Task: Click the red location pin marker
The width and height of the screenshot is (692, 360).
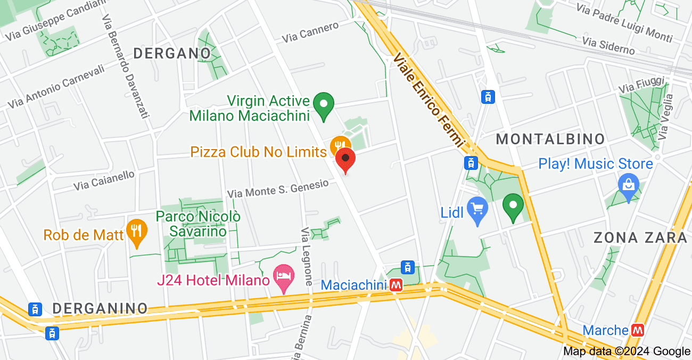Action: coord(345,159)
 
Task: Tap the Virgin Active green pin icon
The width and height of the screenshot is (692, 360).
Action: coord(323,104)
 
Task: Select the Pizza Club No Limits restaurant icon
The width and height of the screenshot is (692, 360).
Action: coord(340,145)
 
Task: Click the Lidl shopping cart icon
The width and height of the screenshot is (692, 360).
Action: coord(477,209)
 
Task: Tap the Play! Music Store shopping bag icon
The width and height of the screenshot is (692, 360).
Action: coord(628,185)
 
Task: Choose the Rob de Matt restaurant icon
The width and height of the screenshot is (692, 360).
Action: coord(137,232)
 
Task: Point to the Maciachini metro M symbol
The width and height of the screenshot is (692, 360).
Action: coord(396,285)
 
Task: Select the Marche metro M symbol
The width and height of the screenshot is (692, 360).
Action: coord(638,330)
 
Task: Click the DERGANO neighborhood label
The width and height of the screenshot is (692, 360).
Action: coord(172,53)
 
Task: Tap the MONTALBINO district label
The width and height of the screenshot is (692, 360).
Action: coord(550,140)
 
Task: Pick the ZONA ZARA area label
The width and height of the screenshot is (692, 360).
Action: coord(640,238)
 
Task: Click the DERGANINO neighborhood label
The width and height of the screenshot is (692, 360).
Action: coord(100,308)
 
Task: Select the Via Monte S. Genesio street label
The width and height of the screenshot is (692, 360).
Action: coord(278,189)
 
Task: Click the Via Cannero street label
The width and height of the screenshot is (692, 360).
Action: coord(310,32)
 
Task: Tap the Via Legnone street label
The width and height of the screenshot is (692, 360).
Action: coord(307,257)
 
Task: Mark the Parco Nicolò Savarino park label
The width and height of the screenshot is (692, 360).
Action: coord(198,224)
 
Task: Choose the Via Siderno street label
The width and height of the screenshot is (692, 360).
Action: coord(608,45)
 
